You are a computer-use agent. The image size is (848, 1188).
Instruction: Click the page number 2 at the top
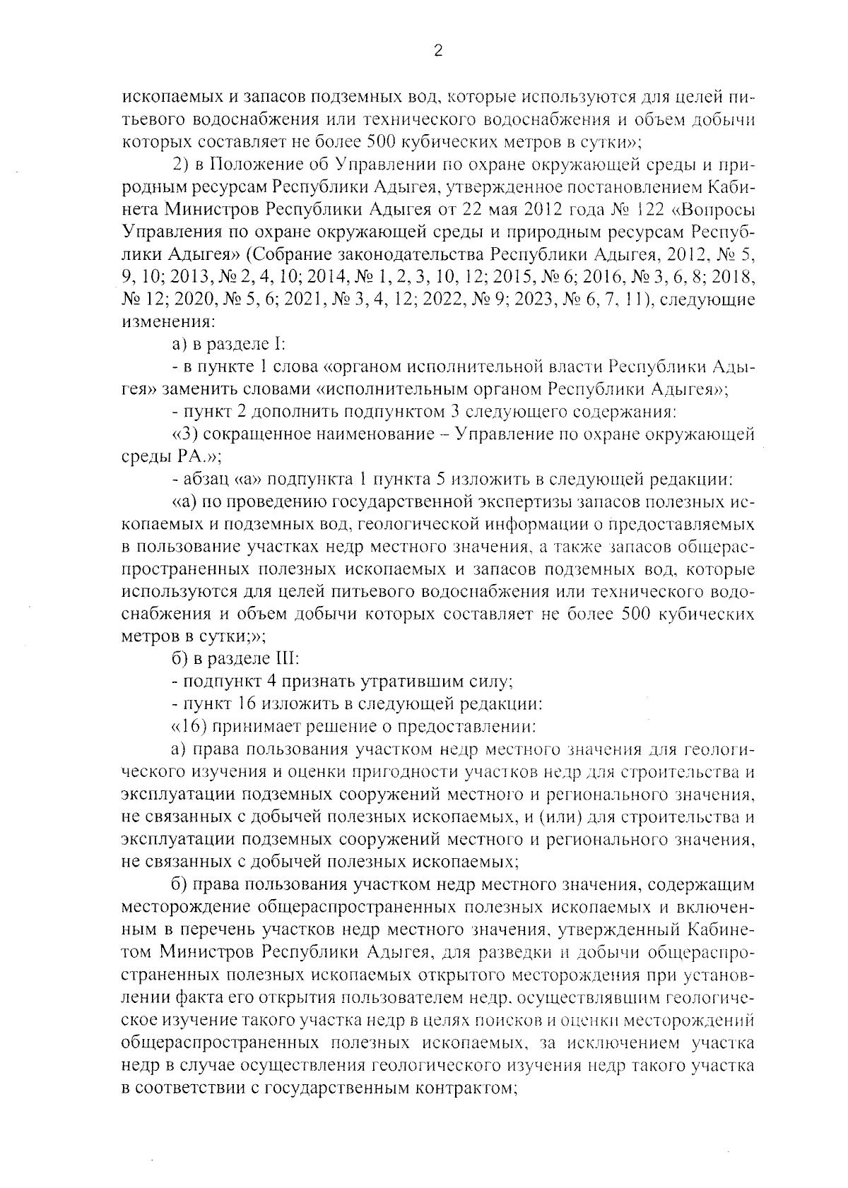437,50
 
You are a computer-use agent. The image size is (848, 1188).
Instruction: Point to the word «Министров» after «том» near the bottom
206,951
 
